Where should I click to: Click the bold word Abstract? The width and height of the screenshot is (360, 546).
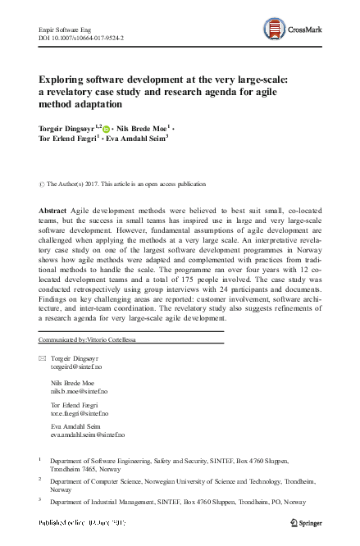tap(52, 211)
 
